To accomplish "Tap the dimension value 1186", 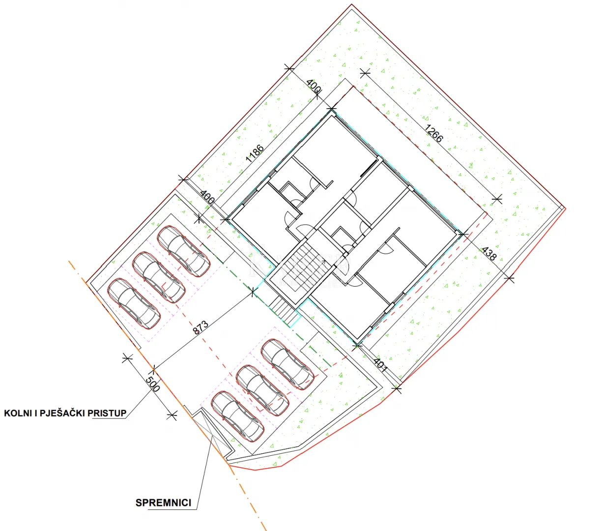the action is (x=255, y=153).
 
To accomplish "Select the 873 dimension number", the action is (x=200, y=327).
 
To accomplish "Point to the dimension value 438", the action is (x=488, y=254).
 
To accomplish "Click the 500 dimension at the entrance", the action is (x=153, y=384).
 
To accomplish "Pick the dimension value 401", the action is (x=380, y=365).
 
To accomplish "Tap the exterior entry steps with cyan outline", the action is (x=285, y=311).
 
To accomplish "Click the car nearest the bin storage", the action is (x=238, y=416).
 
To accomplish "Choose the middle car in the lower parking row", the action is (x=262, y=390).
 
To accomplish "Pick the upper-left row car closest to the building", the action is (x=184, y=251).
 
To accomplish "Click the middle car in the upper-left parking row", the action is (x=159, y=277).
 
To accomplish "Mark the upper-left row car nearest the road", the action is (x=134, y=303).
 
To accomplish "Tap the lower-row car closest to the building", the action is (x=287, y=364).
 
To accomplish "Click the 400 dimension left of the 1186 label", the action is (x=207, y=197).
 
